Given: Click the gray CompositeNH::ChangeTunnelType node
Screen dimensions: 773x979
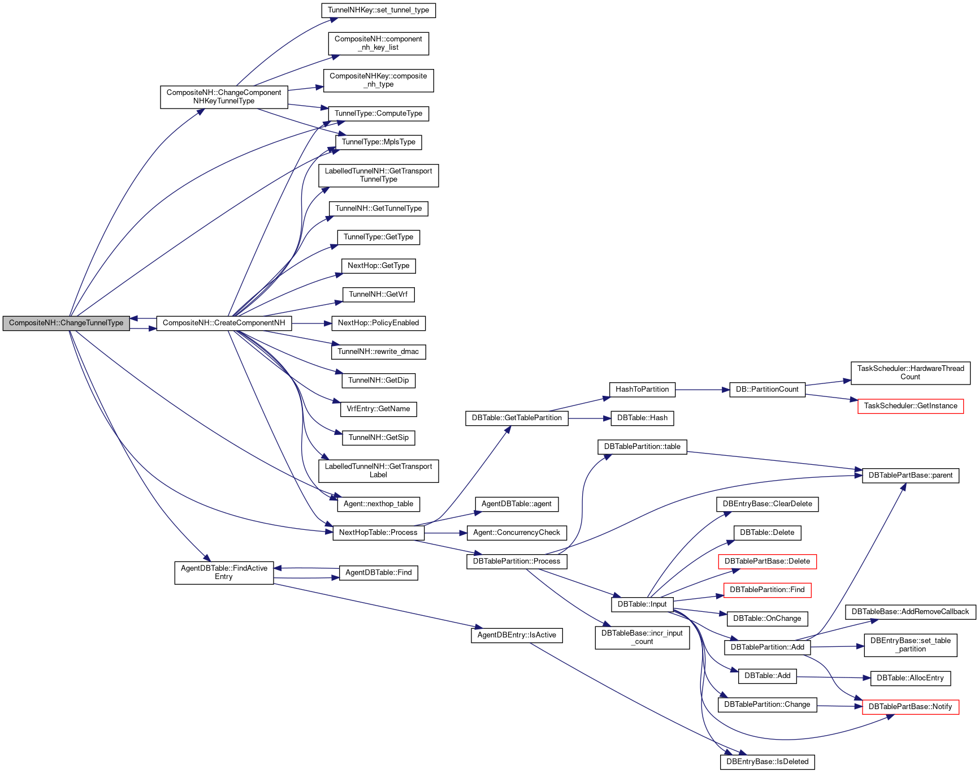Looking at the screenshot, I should (66, 323).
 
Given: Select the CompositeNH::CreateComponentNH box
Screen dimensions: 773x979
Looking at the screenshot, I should (224, 323).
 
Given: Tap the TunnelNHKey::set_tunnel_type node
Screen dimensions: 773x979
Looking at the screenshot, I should (378, 10).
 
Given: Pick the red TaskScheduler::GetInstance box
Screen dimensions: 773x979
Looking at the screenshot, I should (910, 406).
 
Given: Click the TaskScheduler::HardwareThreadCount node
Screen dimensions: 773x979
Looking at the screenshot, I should (910, 373).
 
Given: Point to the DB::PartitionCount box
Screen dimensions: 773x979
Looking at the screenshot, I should (766, 390).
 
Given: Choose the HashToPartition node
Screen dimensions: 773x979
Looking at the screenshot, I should (642, 390).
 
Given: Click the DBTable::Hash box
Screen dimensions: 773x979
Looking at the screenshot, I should (642, 418).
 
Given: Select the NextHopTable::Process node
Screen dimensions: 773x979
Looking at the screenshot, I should (378, 533).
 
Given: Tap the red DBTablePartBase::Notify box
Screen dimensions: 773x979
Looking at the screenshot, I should (910, 707).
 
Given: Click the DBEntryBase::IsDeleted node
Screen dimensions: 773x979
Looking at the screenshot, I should (767, 762).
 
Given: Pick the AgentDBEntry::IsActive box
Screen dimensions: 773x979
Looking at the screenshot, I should (517, 635).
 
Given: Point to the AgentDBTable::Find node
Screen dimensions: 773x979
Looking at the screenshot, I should (378, 573).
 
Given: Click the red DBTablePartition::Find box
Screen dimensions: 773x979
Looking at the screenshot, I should (767, 590).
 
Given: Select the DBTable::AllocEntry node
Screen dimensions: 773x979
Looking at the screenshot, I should (910, 678).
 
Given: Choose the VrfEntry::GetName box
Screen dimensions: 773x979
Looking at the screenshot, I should (378, 409).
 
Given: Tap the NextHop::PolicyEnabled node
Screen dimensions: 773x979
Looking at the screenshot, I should (378, 323).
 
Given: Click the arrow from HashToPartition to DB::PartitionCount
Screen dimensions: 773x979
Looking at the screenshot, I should (701, 390).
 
